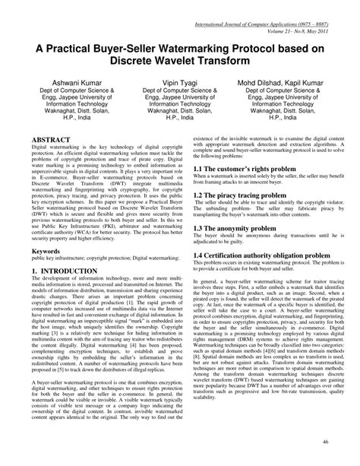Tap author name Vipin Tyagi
click(x=179, y=82)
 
